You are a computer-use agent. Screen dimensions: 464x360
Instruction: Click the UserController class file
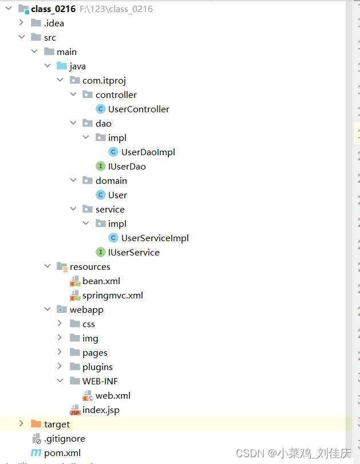tap(139, 109)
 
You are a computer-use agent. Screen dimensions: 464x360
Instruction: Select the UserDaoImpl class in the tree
tap(148, 152)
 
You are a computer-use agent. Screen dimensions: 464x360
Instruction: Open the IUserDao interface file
tap(126, 166)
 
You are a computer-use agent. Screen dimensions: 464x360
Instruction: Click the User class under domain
tap(117, 195)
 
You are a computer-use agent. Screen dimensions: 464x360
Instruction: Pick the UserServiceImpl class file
tap(155, 238)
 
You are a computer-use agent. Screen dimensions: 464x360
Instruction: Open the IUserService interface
tap(133, 252)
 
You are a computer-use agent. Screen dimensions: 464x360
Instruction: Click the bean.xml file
tap(101, 281)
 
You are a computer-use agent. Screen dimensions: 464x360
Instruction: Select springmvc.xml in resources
tap(112, 295)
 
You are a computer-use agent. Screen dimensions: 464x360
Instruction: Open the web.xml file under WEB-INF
tap(113, 395)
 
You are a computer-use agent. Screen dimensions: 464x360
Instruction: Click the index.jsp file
tap(101, 410)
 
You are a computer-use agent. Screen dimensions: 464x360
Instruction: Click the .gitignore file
tap(64, 438)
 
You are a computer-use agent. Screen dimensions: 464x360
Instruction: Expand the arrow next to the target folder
tap(21, 424)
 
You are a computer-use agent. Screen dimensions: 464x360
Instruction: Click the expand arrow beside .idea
tap(21, 23)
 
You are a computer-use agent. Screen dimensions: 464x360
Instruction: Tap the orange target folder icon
tap(36, 424)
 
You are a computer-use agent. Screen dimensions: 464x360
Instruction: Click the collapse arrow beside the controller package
tap(73, 95)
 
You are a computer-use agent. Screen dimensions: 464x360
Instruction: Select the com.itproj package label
tap(104, 80)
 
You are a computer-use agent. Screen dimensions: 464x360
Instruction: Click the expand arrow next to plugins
tap(60, 367)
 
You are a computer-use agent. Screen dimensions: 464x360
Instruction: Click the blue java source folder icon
tap(62, 66)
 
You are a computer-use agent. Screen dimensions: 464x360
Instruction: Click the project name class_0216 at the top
tap(53, 9)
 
